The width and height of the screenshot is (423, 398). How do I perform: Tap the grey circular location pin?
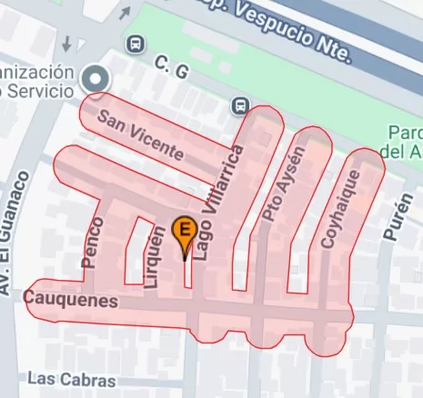(93, 80)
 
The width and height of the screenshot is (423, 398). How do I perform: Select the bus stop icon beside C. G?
(136, 43)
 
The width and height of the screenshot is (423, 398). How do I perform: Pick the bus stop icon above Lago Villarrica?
(240, 105)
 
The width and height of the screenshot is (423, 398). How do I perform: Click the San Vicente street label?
(141, 135)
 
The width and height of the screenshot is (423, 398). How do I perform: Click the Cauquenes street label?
(71, 299)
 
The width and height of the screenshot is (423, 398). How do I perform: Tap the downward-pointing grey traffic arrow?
(66, 42)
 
